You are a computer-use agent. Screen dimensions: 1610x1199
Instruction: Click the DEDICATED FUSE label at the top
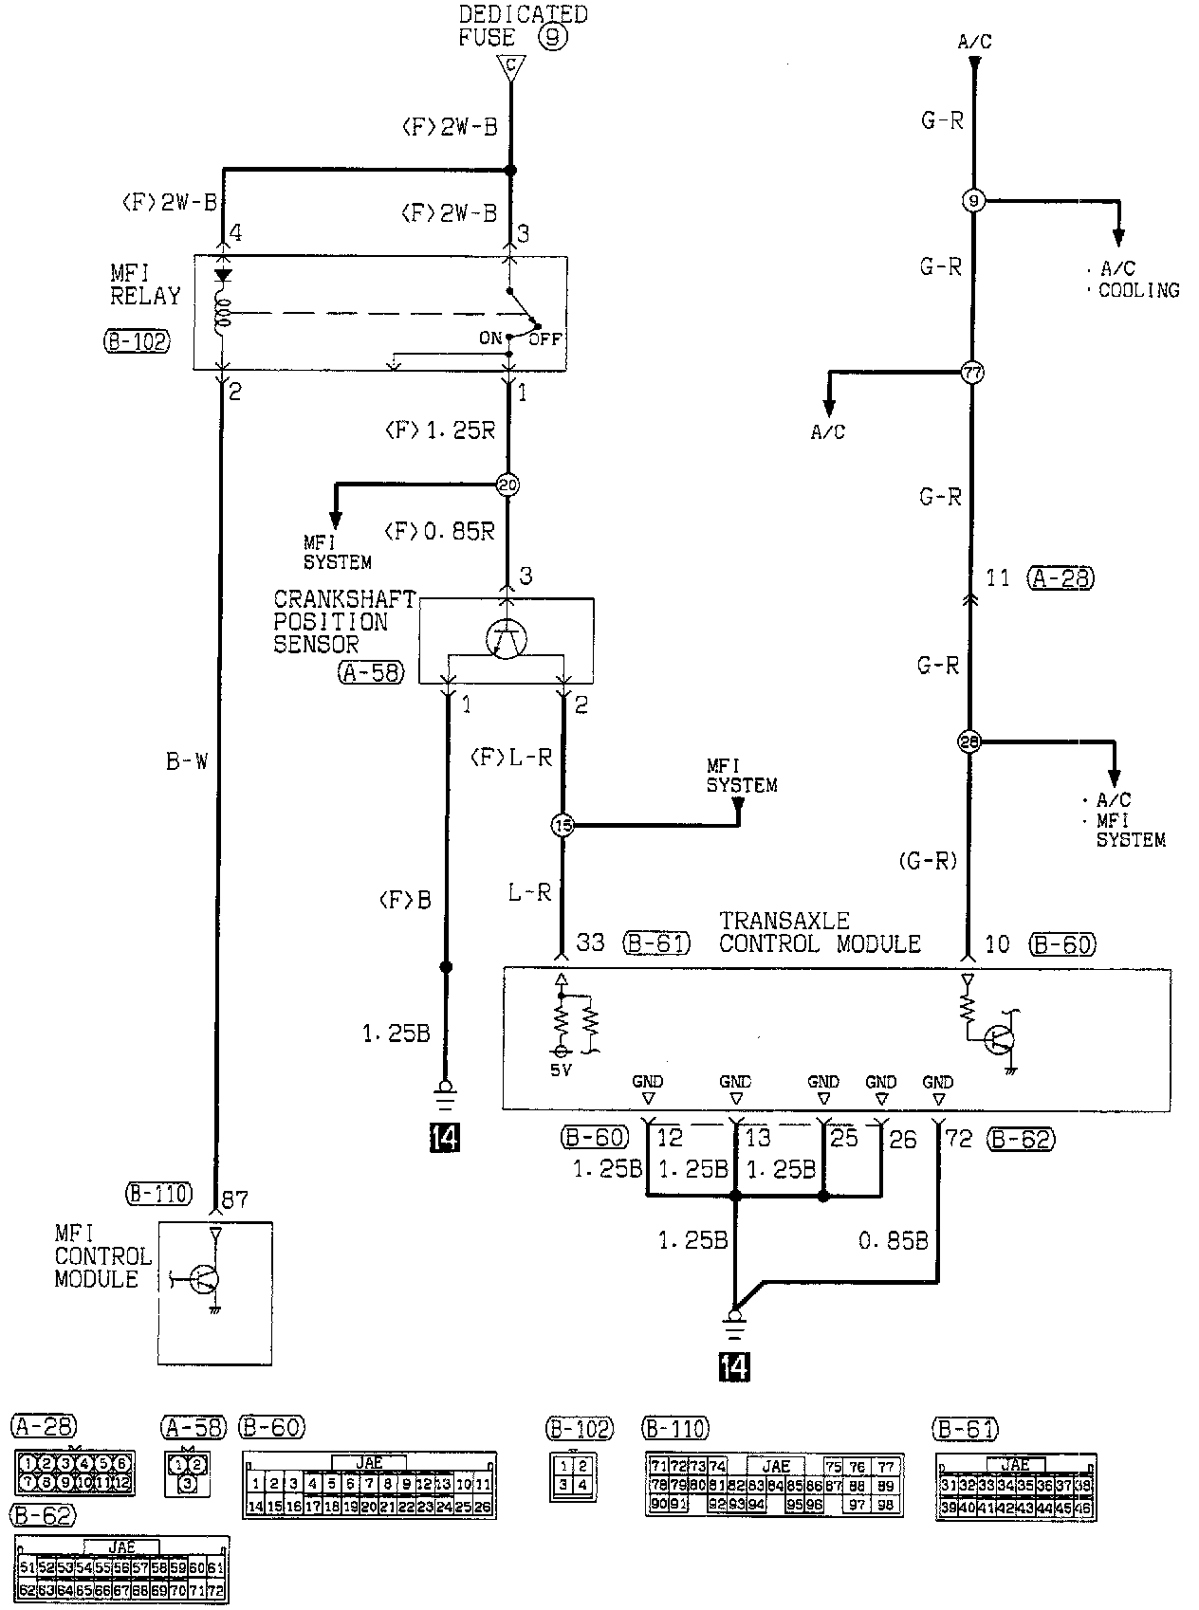(522, 26)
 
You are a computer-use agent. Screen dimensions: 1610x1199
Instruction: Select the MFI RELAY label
(144, 284)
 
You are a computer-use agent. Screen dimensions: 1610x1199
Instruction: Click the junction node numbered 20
(508, 485)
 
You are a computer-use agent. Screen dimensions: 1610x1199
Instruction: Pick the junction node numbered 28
(969, 741)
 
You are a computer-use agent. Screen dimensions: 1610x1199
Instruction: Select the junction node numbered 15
(563, 826)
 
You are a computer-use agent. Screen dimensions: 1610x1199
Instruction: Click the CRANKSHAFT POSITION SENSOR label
(344, 622)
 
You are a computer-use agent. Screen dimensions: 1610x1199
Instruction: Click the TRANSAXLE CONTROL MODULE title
(820, 932)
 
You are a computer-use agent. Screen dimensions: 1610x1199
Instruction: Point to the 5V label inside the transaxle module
(562, 1070)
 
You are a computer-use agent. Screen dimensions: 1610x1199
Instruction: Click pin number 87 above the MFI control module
(233, 1199)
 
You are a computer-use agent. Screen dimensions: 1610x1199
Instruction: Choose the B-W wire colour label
(187, 761)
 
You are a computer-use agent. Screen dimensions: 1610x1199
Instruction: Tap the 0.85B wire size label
(893, 1239)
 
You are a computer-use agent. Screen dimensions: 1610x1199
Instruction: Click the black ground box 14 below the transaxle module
(734, 1367)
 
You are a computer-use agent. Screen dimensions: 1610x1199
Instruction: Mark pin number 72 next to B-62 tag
(959, 1139)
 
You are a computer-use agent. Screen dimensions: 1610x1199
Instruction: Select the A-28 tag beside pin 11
(1060, 577)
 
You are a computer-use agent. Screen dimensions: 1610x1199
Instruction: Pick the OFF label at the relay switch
(544, 338)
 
